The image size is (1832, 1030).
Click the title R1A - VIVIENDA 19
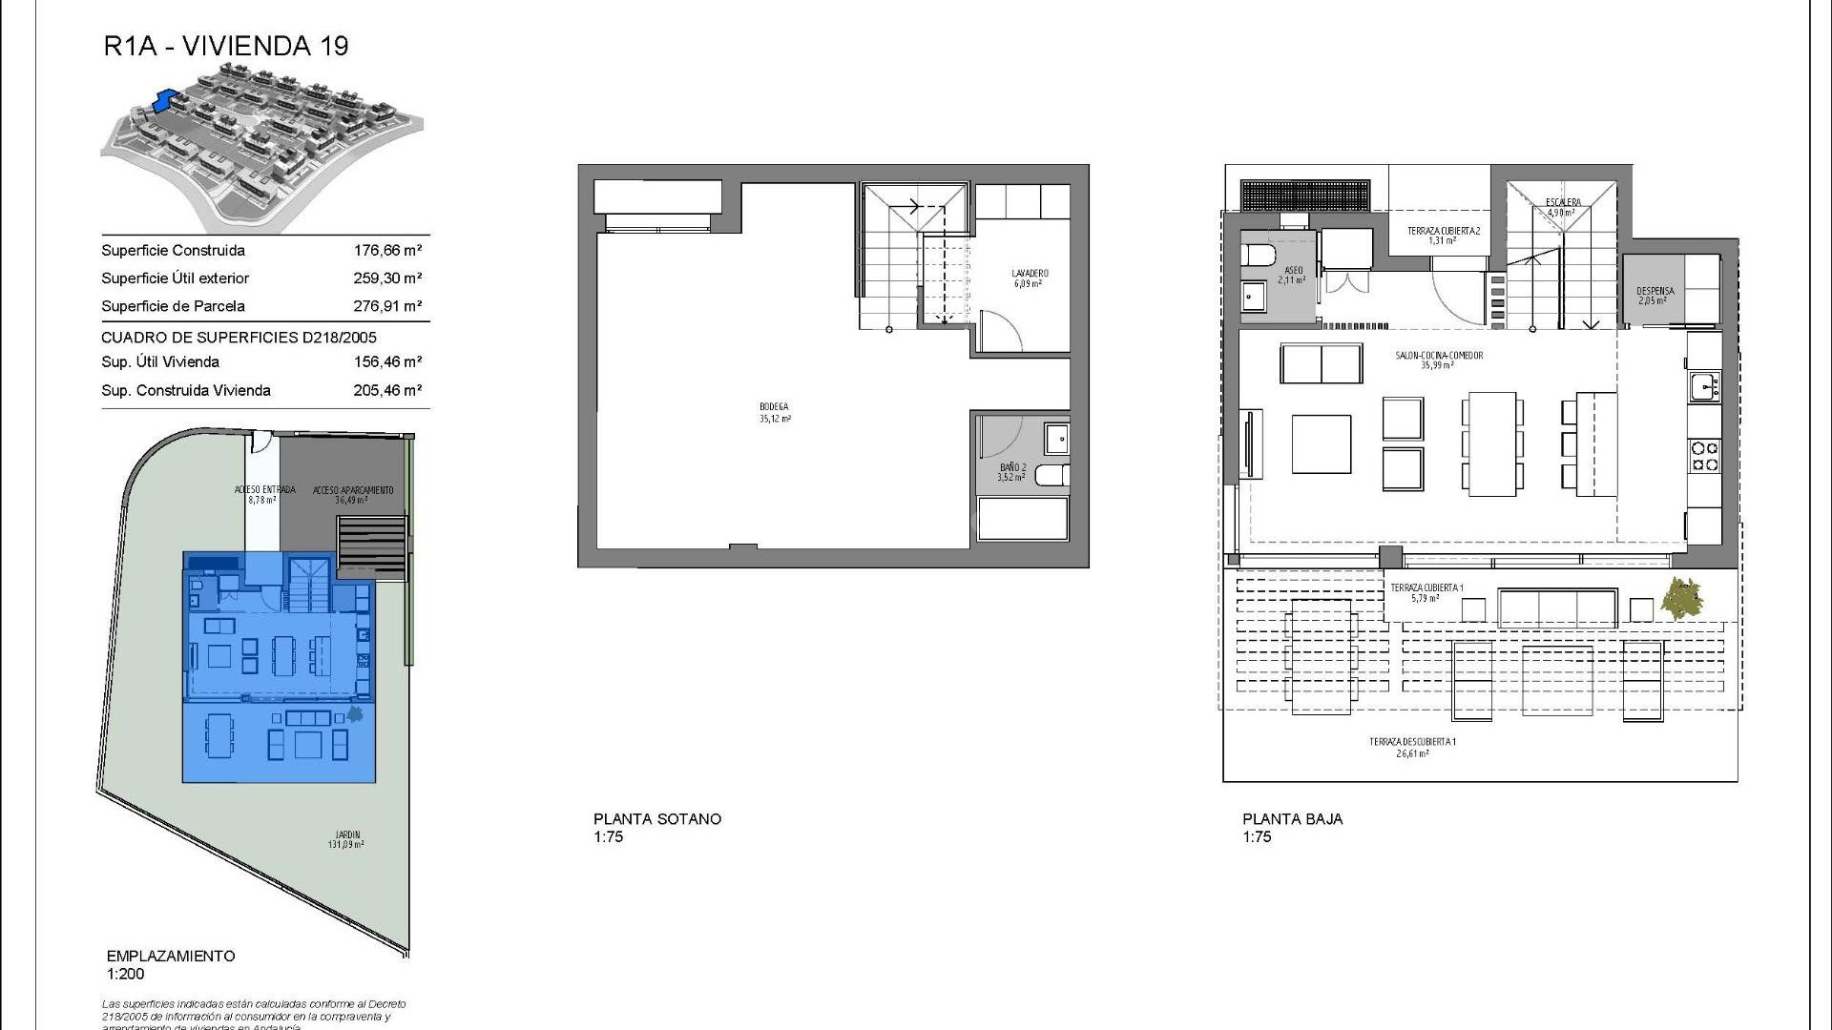coord(226,46)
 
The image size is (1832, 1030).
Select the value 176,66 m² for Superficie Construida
coord(387,251)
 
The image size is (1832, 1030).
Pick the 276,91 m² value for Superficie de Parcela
coord(387,306)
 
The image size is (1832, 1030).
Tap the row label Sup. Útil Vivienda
coord(160,362)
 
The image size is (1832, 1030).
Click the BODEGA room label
coord(774,407)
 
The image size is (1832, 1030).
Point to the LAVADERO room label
coord(1030,274)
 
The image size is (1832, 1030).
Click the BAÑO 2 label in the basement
coord(1012,467)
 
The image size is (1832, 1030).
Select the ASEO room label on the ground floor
coord(1294,271)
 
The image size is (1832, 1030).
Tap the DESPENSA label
coord(1655,291)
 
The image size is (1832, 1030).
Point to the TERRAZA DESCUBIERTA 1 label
coord(1412,742)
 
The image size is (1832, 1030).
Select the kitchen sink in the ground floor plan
coord(1703,387)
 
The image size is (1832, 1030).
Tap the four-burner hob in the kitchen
coord(1704,456)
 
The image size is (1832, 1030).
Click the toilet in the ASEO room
coord(1256,255)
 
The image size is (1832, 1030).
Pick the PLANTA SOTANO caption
coord(657,819)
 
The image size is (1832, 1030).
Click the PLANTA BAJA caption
coord(1292,819)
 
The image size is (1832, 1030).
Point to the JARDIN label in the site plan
coord(346,835)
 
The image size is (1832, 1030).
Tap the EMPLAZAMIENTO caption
coord(171,957)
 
